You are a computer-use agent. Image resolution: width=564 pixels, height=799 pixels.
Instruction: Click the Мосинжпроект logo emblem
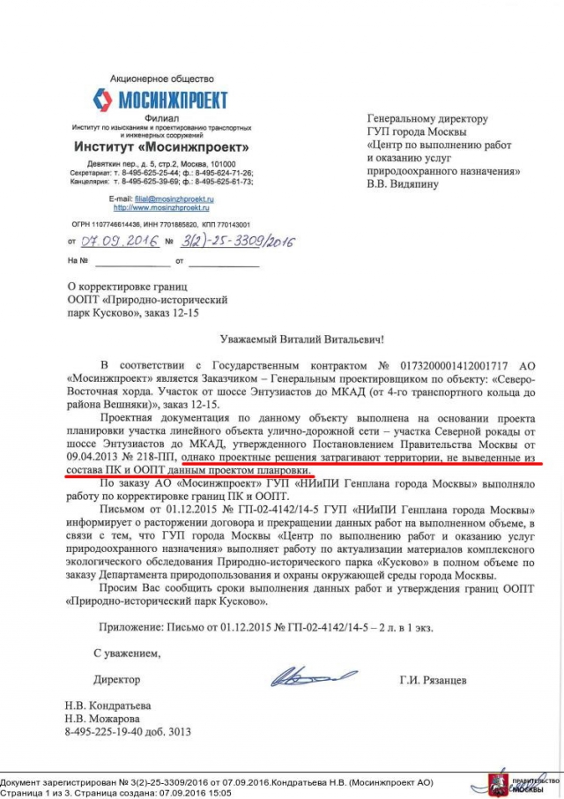(103, 100)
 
